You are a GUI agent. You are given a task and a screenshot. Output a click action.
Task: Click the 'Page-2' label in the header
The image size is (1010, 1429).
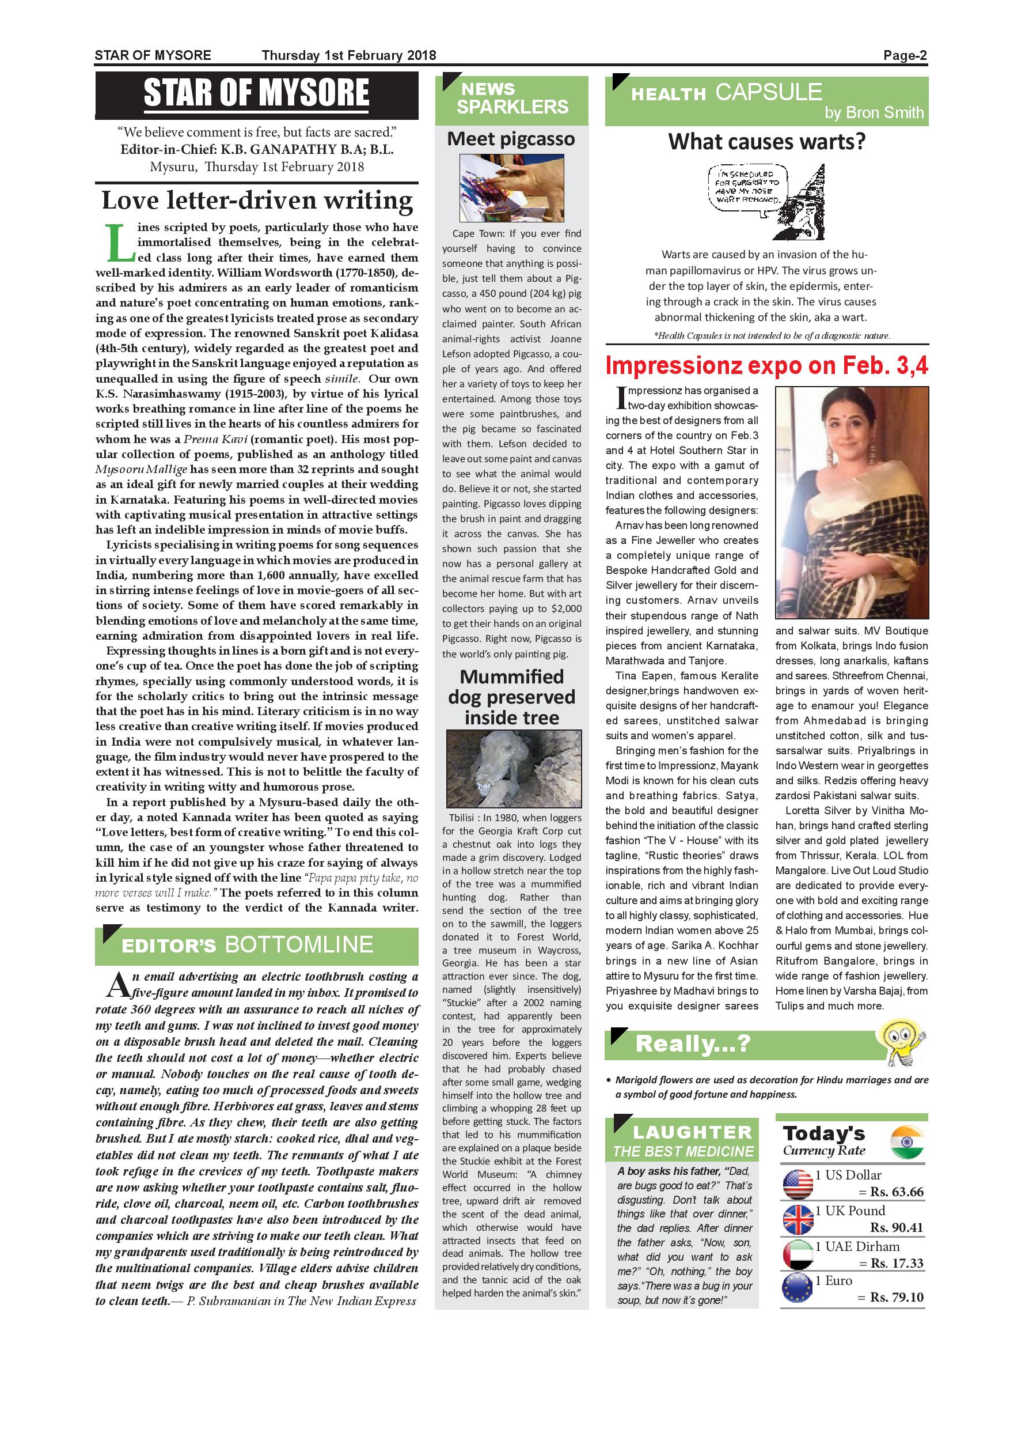(905, 55)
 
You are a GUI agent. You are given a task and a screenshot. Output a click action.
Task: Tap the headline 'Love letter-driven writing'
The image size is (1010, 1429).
(257, 201)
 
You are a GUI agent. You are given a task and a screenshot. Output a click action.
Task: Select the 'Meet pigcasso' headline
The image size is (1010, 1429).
(511, 138)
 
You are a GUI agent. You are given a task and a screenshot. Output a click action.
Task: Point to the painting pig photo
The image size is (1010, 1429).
(511, 187)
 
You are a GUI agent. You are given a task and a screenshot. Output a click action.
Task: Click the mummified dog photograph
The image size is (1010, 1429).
(514, 769)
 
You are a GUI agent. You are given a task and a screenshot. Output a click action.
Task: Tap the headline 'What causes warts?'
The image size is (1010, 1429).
(767, 142)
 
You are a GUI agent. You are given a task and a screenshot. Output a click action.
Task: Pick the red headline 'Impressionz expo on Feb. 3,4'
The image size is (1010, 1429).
(767, 366)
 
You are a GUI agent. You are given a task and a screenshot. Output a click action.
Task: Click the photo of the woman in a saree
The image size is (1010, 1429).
(852, 502)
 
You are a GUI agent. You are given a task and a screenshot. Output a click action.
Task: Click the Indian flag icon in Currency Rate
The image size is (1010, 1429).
(908, 1143)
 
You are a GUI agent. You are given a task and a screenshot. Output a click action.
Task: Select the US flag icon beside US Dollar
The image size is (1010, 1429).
(798, 1184)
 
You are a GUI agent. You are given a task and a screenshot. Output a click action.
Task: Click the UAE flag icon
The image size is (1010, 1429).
(798, 1255)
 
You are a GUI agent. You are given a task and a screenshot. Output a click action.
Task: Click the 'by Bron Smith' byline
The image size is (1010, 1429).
(874, 113)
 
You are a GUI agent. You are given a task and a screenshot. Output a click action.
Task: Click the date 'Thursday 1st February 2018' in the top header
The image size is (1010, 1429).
(349, 55)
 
